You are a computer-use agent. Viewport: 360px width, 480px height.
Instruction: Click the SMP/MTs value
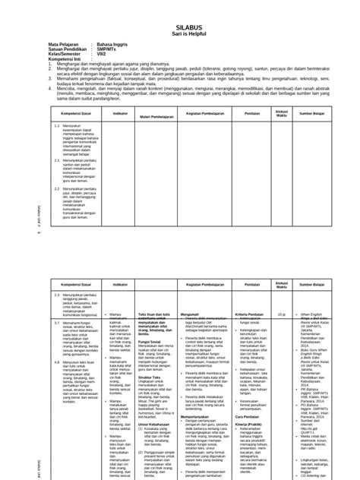[105, 50]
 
